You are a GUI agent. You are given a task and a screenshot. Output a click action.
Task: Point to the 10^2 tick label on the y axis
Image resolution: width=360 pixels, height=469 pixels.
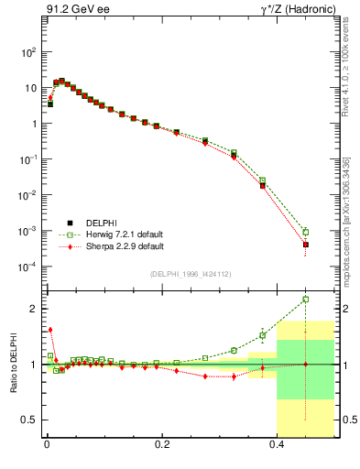(29, 52)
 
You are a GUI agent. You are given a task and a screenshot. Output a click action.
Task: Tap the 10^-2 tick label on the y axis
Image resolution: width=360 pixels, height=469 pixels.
(29, 195)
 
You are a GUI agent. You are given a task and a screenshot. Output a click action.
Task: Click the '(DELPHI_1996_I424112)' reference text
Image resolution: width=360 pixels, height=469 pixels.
(190, 274)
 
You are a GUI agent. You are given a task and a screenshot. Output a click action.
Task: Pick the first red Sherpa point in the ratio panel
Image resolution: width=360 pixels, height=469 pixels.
(50, 330)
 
